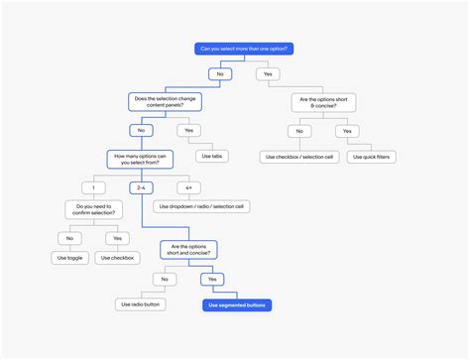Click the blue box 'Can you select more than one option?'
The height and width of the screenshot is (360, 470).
pyautogui.click(x=244, y=48)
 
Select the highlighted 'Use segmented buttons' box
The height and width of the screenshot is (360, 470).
pyautogui.click(x=238, y=304)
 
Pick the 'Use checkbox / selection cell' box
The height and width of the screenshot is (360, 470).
pyautogui.click(x=298, y=156)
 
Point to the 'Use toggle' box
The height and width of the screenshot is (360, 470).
pyautogui.click(x=69, y=257)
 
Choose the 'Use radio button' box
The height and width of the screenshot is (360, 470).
pyautogui.click(x=137, y=304)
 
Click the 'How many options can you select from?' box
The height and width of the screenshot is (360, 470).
pyautogui.click(x=141, y=159)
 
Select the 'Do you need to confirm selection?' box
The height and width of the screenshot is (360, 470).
pyautogui.click(x=94, y=209)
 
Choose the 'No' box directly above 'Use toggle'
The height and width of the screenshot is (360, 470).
pyautogui.click(x=69, y=237)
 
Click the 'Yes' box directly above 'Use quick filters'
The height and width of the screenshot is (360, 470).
pyautogui.click(x=344, y=130)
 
